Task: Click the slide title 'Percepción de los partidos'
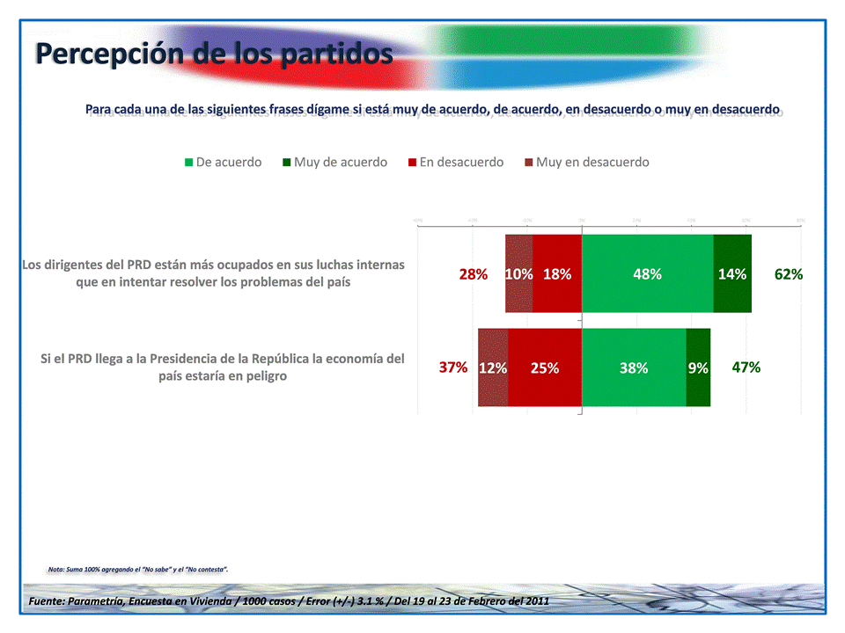pyautogui.click(x=214, y=55)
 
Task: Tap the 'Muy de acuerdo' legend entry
pyautogui.click(x=334, y=162)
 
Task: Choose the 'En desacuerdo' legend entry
pyautogui.click(x=455, y=162)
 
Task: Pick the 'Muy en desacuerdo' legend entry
pyautogui.click(x=586, y=162)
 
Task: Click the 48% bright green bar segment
pyautogui.click(x=647, y=273)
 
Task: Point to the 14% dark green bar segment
pyautogui.click(x=732, y=273)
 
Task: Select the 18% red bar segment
pyautogui.click(x=557, y=273)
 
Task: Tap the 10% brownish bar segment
pyautogui.click(x=518, y=273)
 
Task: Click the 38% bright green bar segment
pyautogui.click(x=634, y=367)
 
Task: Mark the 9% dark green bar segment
pyautogui.click(x=698, y=367)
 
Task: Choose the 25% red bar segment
pyautogui.click(x=545, y=367)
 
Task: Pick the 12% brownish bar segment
pyautogui.click(x=493, y=367)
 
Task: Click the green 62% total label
pyautogui.click(x=789, y=273)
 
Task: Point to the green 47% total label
pyautogui.click(x=746, y=367)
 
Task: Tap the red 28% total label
pyautogui.click(x=474, y=273)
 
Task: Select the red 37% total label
pyautogui.click(x=453, y=367)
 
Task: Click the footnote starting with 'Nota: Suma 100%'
pyautogui.click(x=138, y=570)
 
